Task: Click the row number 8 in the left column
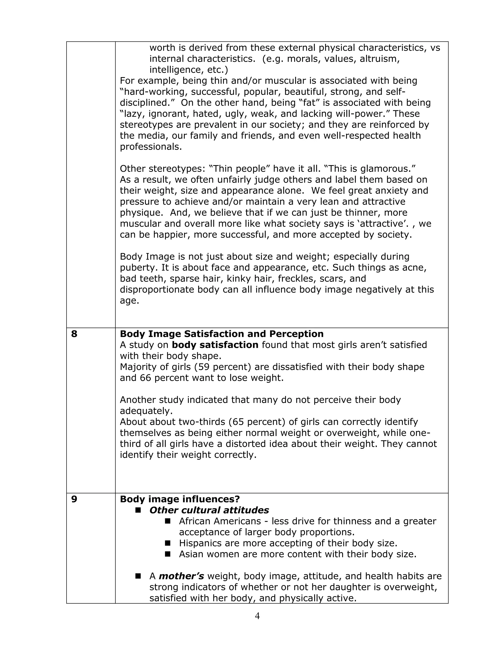(x=74, y=334)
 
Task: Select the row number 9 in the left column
(x=74, y=499)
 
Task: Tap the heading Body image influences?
(x=180, y=499)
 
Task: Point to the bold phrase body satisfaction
(x=215, y=345)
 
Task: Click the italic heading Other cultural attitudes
(x=209, y=510)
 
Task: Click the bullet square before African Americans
(x=168, y=521)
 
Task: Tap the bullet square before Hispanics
(x=168, y=543)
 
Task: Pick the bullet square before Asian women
(x=168, y=554)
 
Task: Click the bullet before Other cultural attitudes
(x=138, y=510)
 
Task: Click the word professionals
(x=151, y=147)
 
